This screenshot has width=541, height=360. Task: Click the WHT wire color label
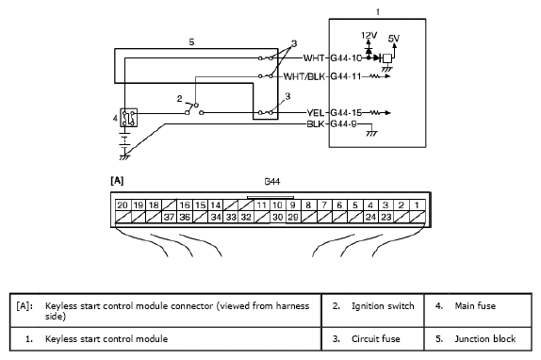pyautogui.click(x=314, y=57)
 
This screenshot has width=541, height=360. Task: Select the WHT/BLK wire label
pyautogui.click(x=304, y=76)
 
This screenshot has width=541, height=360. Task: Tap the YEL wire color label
pyautogui.click(x=316, y=113)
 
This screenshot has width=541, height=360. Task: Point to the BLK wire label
pyautogui.click(x=316, y=123)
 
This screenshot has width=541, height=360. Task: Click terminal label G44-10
pyautogui.click(x=346, y=57)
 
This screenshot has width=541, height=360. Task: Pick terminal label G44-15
pyautogui.click(x=346, y=113)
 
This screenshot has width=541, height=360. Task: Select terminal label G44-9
pyautogui.click(x=343, y=123)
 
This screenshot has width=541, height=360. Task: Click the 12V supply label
pyautogui.click(x=369, y=35)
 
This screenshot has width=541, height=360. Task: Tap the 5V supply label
pyautogui.click(x=393, y=39)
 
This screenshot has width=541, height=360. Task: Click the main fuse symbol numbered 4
pyautogui.click(x=129, y=118)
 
